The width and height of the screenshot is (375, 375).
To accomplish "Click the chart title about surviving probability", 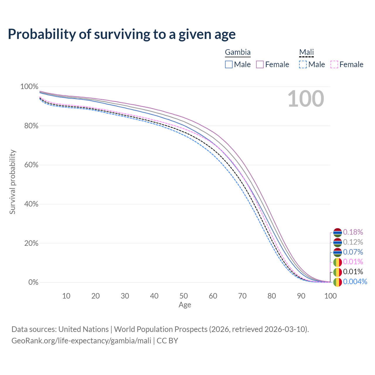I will [122, 34].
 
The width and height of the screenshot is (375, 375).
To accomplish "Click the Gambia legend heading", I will [238, 52].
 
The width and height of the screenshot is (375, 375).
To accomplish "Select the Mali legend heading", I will [306, 52].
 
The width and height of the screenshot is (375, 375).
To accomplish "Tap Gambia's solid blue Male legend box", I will [229, 64].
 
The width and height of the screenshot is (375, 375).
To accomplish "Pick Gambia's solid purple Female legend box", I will [260, 64].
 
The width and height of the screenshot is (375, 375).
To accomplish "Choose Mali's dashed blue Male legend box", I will [303, 64].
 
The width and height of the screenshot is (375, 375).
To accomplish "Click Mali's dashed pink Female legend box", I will [334, 64].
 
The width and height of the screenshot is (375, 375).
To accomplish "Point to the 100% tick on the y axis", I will [29, 87].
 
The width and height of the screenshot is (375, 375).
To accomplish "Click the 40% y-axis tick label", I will [31, 204].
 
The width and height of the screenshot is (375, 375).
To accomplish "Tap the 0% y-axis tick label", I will [33, 282].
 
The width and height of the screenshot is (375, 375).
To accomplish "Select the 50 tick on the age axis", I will [184, 296].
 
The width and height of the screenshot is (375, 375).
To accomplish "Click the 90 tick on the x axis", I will [301, 296].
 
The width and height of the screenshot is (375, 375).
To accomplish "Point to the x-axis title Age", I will [185, 305].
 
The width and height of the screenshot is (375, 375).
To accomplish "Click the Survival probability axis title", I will [13, 182].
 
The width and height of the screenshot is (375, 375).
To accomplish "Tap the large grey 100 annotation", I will [306, 99].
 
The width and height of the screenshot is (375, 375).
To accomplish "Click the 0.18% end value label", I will [353, 232].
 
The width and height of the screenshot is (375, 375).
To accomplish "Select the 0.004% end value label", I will [355, 282].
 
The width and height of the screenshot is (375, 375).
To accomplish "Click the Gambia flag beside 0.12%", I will [337, 242].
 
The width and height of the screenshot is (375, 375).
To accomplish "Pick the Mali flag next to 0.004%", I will [337, 282].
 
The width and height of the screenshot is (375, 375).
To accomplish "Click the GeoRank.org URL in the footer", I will [81, 341].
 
